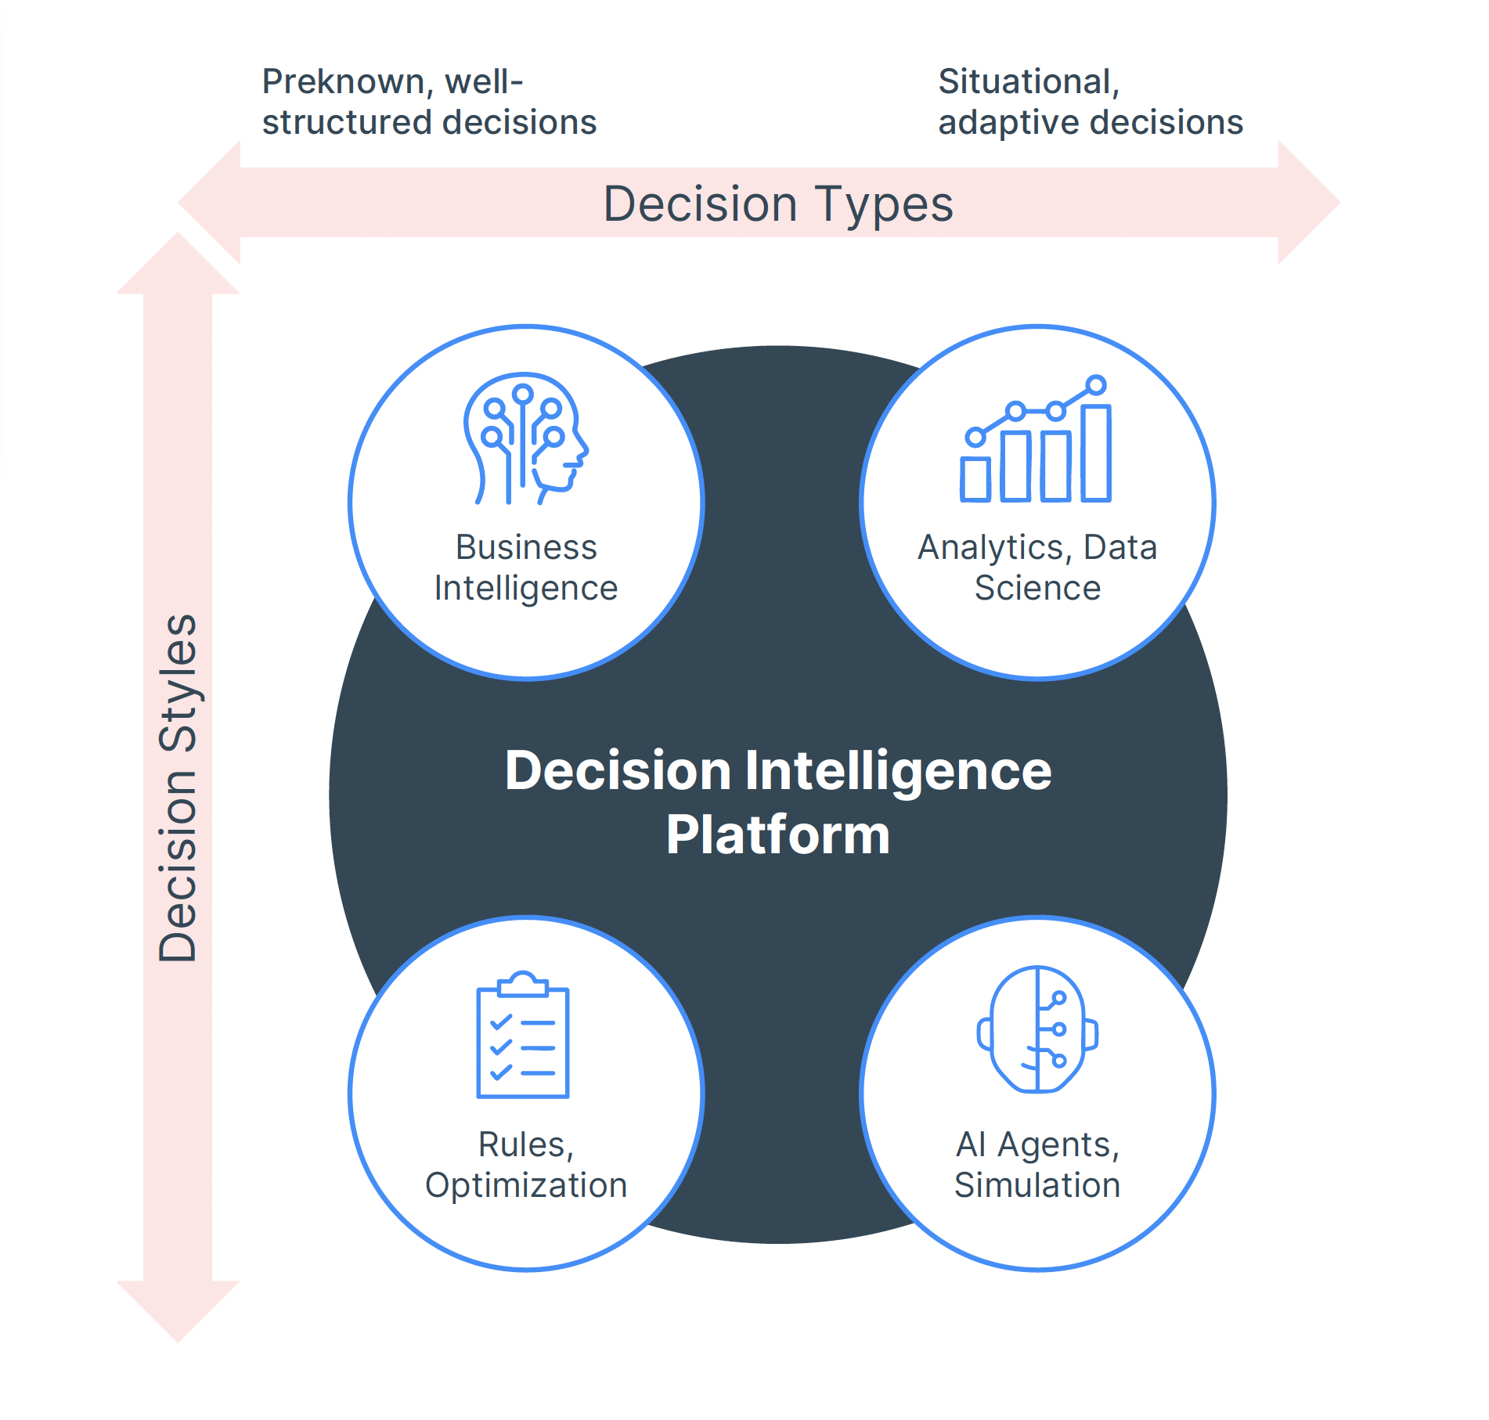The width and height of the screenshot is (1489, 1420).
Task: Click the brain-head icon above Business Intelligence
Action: tap(525, 438)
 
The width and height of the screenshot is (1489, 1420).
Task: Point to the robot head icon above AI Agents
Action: tap(1037, 1029)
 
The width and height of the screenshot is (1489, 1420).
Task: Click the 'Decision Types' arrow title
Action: tap(778, 204)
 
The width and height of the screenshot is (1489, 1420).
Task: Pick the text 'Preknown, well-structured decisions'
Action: tap(429, 102)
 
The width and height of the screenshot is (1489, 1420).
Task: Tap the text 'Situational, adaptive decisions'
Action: tap(1090, 102)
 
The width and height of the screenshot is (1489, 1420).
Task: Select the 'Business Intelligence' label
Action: tap(526, 568)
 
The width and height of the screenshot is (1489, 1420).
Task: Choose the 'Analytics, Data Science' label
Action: tap(1037, 568)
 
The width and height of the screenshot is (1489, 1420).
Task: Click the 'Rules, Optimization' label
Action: tap(526, 1165)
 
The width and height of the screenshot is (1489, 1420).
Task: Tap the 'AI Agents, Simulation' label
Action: tap(1037, 1165)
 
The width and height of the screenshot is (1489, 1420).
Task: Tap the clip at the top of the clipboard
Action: tap(523, 983)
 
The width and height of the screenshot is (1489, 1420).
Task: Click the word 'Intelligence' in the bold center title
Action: tap(898, 771)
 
